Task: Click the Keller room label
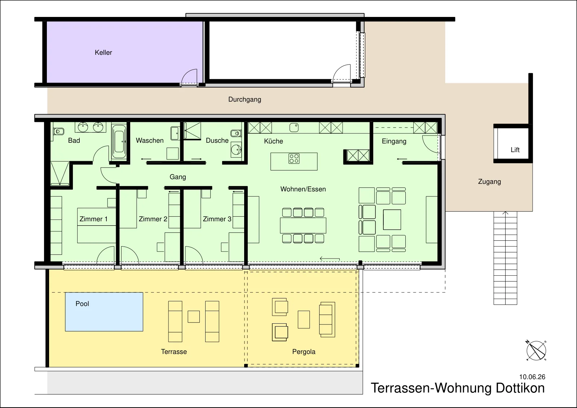click(x=103, y=53)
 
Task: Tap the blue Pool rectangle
click(x=104, y=312)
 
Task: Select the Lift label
click(x=515, y=150)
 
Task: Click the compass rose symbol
click(x=536, y=351)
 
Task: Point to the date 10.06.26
click(x=532, y=377)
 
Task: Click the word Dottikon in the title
click(x=520, y=388)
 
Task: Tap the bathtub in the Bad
click(x=119, y=142)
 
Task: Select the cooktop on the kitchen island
click(x=294, y=159)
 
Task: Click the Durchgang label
click(x=245, y=99)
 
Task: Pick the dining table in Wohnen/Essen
click(x=303, y=226)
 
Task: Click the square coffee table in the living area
click(x=392, y=219)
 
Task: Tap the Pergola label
click(x=304, y=352)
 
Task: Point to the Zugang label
click(x=489, y=182)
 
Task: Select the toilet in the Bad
click(x=59, y=132)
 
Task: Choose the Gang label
click(x=178, y=177)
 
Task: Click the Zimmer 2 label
click(x=153, y=219)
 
